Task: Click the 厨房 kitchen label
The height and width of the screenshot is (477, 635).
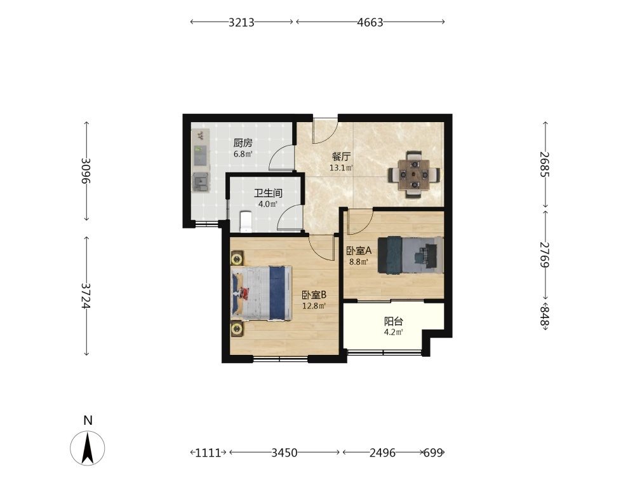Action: [x=243, y=142]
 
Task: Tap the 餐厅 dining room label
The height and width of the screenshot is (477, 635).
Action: [x=341, y=156]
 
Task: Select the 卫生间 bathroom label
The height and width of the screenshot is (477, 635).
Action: [x=268, y=193]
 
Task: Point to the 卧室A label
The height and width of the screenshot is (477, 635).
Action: [x=359, y=251]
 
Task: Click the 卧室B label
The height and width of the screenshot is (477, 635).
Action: [x=314, y=295]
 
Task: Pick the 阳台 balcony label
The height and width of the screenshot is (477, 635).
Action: [x=394, y=322]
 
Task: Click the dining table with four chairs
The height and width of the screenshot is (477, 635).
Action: [x=414, y=175]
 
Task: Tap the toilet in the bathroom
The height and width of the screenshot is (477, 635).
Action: [x=246, y=222]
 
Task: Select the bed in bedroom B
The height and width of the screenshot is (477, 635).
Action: [x=261, y=293]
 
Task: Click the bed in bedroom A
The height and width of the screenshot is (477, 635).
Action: [x=410, y=255]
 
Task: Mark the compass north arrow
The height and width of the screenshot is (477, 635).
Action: [x=88, y=448]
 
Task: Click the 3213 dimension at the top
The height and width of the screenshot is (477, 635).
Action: [x=241, y=22]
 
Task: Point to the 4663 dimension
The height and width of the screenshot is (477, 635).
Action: [x=370, y=22]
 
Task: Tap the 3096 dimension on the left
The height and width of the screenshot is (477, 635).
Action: [x=86, y=170]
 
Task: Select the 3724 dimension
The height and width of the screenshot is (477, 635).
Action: [x=86, y=296]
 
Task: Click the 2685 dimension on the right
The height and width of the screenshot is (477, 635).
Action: [x=545, y=164]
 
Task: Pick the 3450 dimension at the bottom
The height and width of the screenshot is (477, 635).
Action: [x=284, y=453]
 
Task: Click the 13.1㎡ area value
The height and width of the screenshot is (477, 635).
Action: [x=341, y=167]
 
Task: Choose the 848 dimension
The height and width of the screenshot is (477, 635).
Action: [x=545, y=317]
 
